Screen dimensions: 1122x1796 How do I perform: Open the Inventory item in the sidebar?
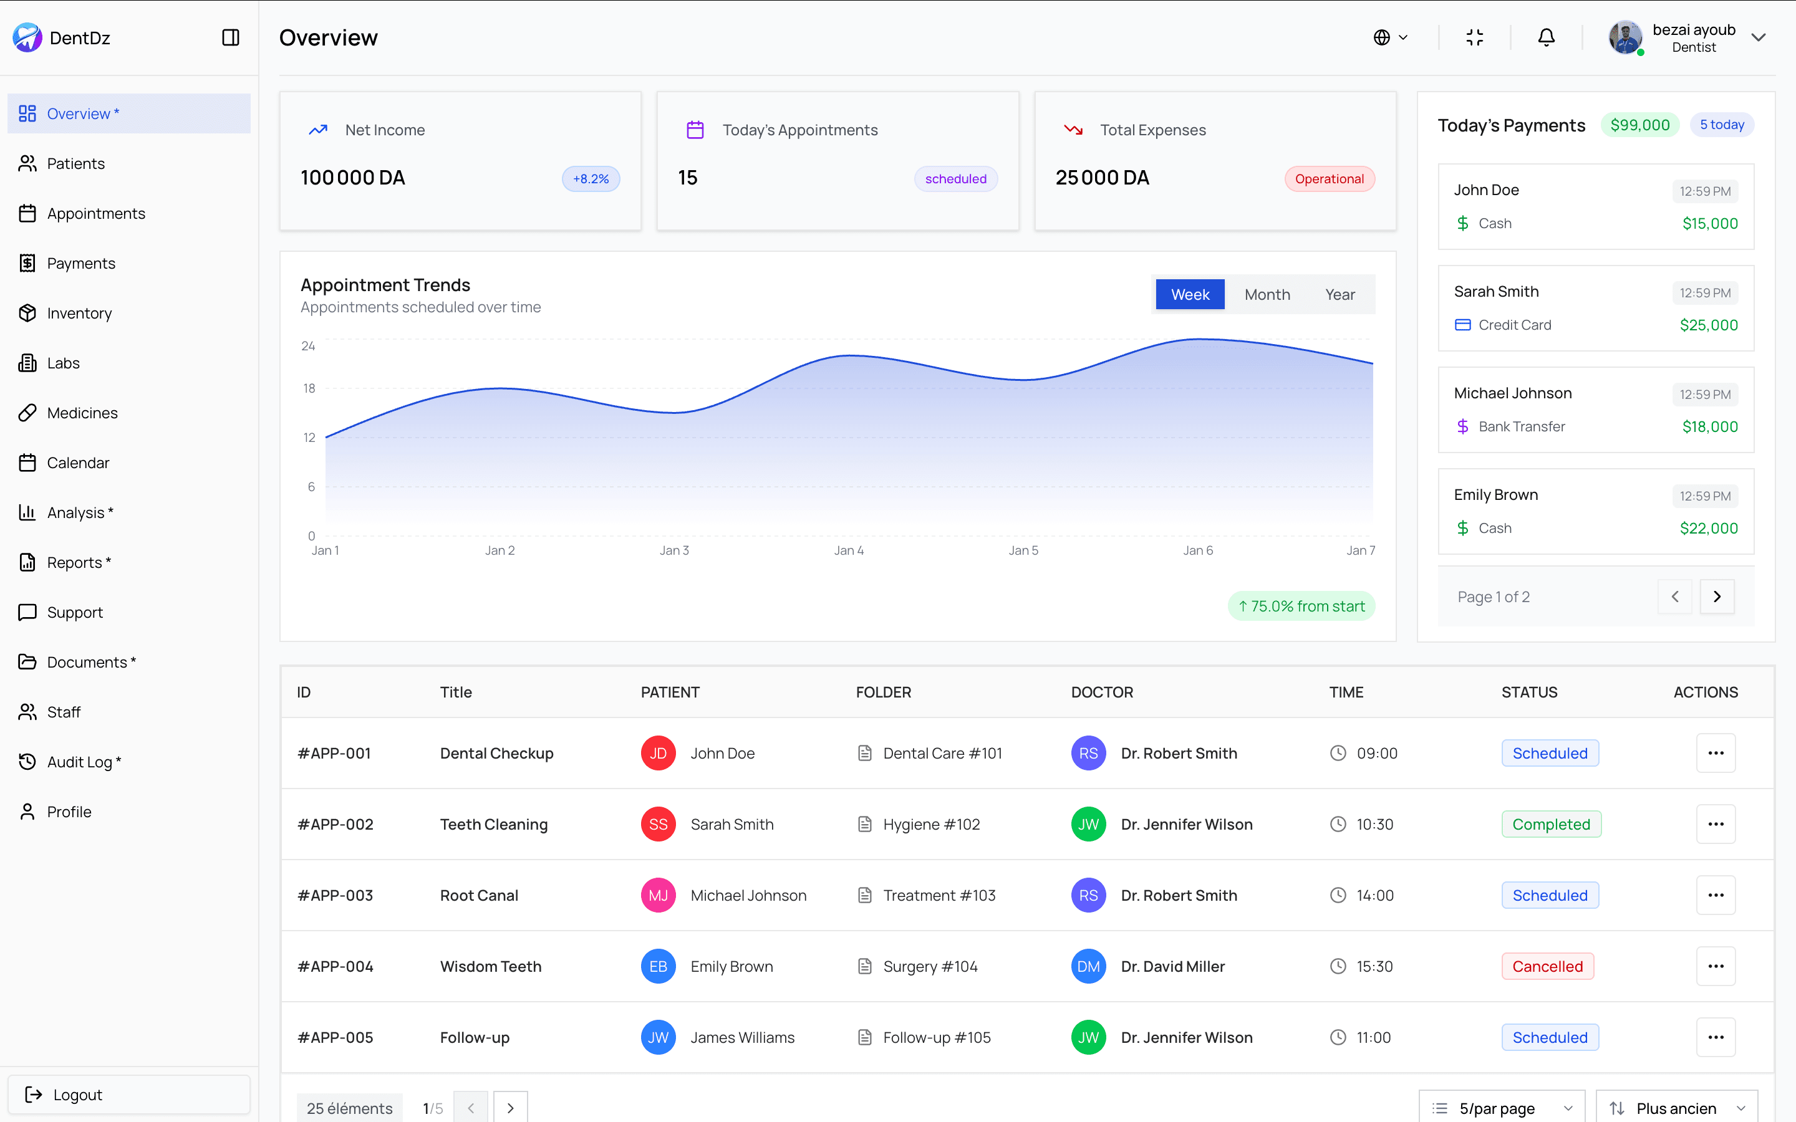tap(79, 313)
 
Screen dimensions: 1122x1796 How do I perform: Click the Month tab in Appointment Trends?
tap(1267, 295)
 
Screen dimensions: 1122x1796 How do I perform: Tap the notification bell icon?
tap(1546, 37)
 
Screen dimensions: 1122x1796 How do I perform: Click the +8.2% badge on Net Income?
tap(590, 179)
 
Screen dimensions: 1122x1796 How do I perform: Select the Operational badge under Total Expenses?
tap(1328, 179)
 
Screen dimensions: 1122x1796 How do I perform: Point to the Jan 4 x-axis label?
tap(848, 550)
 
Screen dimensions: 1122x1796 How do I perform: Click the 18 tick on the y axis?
tap(309, 388)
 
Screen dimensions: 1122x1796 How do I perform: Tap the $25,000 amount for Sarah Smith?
tap(1709, 325)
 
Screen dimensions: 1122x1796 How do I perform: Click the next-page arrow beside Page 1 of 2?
tap(1717, 597)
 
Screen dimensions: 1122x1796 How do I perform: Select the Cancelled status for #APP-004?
tap(1547, 966)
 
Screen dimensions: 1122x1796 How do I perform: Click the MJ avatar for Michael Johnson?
tap(657, 896)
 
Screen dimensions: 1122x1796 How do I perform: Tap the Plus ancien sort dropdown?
tap(1676, 1108)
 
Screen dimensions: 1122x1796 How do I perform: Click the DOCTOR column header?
tap(1101, 693)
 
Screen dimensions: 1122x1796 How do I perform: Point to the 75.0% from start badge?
tap(1301, 607)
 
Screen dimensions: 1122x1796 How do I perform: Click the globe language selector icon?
tap(1382, 37)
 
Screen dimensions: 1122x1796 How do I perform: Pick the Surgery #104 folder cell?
tap(929, 966)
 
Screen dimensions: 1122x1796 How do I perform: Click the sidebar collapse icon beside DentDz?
tap(231, 38)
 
